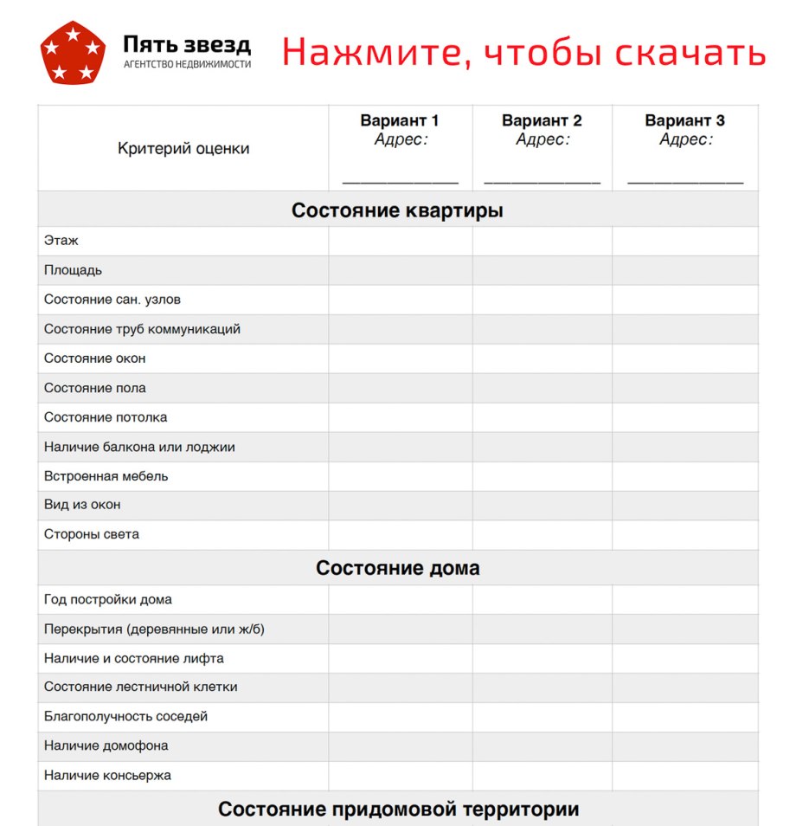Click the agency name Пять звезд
187,44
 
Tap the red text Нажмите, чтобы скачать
523,53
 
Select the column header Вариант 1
400,121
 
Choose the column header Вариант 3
685,121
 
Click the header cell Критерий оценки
183,149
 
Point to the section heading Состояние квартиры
397,210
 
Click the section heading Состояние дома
397,568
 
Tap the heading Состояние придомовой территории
398,810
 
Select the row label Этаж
61,241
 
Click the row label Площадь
74,270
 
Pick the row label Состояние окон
95,358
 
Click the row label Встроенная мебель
106,476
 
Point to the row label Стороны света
92,534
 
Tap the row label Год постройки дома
108,599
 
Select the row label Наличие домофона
106,745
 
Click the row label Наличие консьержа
108,775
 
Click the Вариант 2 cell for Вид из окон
542,505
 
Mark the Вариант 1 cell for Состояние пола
401,388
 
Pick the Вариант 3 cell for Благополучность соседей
685,717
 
